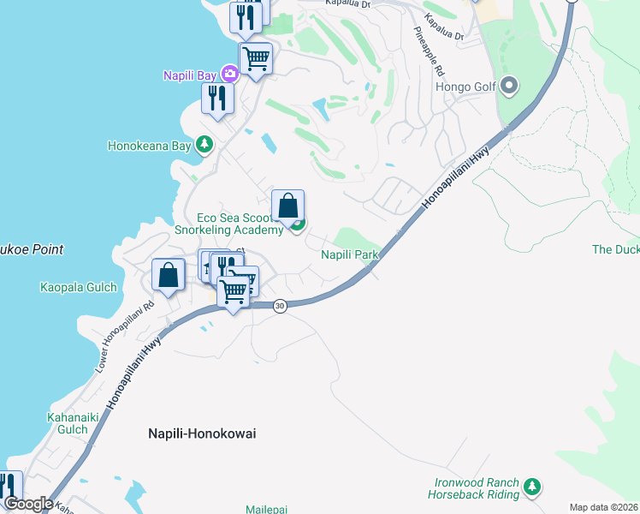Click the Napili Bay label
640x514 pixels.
(189, 75)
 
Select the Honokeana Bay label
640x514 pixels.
(149, 146)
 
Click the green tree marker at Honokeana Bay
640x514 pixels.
(204, 145)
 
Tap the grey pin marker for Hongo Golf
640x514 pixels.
(509, 86)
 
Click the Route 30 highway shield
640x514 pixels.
(279, 306)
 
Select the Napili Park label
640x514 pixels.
(350, 255)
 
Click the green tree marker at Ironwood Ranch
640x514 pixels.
(532, 487)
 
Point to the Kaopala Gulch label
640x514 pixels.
(78, 288)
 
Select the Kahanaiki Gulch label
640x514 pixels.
(67, 424)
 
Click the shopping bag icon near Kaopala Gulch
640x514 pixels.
(169, 275)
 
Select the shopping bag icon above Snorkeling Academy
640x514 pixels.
(288, 206)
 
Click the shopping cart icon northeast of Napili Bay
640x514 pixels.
(255, 58)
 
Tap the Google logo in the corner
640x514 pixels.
(27, 504)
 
